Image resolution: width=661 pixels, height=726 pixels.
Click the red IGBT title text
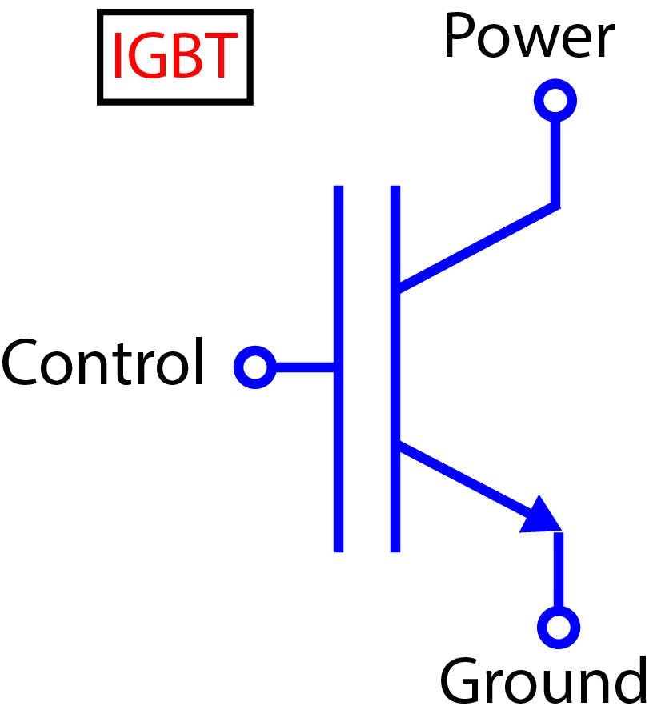click(x=174, y=57)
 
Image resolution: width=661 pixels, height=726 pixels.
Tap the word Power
click(x=528, y=38)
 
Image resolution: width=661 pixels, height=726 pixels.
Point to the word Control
click(x=103, y=363)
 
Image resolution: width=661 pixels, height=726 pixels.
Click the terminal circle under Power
click(x=555, y=100)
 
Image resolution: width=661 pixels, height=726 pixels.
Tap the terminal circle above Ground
click(x=559, y=626)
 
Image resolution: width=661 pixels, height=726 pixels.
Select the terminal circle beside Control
click(x=254, y=367)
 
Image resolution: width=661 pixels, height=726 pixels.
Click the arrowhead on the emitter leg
click(x=542, y=515)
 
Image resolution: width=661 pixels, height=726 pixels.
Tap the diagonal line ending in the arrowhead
click(x=464, y=479)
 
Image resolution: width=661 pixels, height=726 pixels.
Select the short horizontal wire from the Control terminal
click(x=304, y=367)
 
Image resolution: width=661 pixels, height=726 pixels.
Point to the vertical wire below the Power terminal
click(x=555, y=160)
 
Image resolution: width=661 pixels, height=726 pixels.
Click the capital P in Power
click(x=462, y=38)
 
